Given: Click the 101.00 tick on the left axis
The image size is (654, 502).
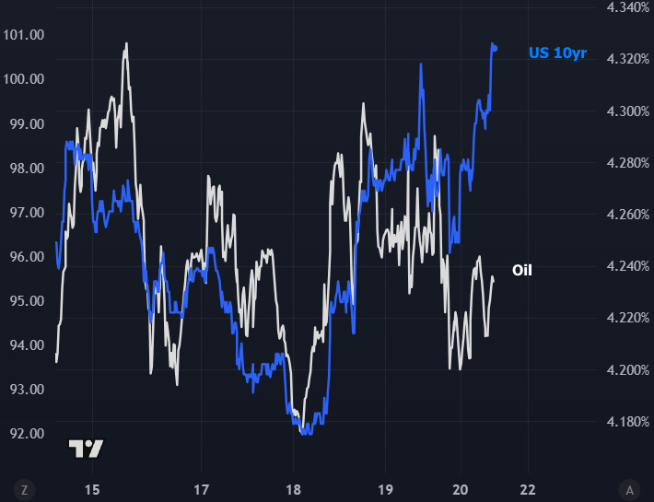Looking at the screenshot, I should pos(25,35).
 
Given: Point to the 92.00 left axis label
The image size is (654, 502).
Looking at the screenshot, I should pos(25,433).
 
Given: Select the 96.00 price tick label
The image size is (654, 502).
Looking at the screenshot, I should pos(25,256).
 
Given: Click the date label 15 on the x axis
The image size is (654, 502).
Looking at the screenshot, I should pos(91,488).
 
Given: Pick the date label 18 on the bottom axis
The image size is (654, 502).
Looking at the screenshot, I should pos(293,488).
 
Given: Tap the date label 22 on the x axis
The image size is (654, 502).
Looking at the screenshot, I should pos(528,488).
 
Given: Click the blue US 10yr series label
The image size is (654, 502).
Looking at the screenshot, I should pos(557,53).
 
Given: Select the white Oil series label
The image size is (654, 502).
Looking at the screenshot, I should pos(522,270).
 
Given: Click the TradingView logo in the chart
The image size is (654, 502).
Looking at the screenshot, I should pos(87,449).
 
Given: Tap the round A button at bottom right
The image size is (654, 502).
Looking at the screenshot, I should pos(629,488).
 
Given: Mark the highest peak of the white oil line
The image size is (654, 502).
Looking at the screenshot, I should pos(126,43).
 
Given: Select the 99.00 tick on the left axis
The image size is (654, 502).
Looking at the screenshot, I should pos(25,123).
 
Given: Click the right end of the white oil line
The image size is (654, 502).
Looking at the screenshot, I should pos(493,277).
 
